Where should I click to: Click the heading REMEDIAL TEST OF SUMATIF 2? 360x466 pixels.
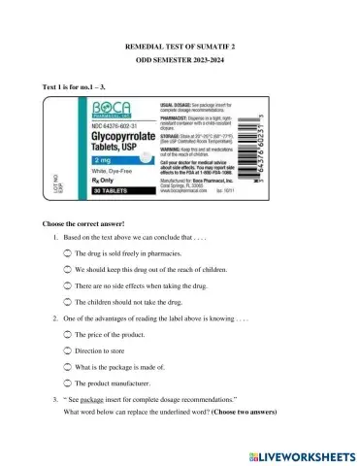coord(180,47)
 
